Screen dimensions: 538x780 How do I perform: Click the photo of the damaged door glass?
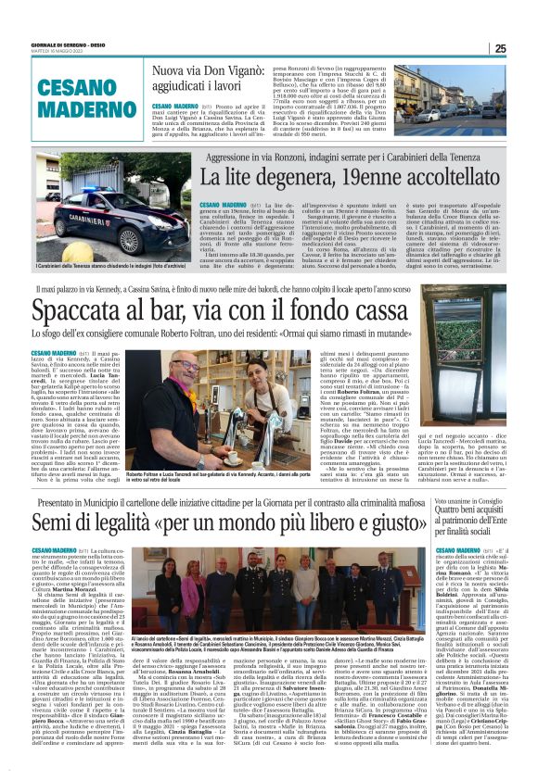point(466,388)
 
